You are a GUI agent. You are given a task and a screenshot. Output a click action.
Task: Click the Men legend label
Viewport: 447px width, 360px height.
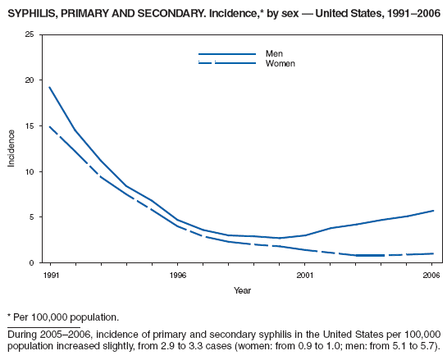click(x=273, y=54)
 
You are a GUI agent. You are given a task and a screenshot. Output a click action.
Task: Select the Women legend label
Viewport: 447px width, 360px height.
click(x=279, y=63)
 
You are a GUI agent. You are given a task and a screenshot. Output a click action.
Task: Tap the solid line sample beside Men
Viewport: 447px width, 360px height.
click(x=226, y=54)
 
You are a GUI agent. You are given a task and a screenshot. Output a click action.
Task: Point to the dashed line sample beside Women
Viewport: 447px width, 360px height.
click(x=226, y=63)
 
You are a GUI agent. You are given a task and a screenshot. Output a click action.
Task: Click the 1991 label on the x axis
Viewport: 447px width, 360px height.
click(x=50, y=276)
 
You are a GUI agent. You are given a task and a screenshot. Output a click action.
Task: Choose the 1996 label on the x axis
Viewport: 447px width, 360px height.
click(x=177, y=276)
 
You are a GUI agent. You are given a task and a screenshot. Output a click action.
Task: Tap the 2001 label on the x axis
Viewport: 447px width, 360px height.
click(x=304, y=276)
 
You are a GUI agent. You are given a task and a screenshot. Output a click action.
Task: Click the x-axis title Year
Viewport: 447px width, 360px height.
click(x=241, y=290)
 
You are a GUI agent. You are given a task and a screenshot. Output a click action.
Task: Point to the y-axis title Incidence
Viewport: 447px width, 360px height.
click(x=11, y=148)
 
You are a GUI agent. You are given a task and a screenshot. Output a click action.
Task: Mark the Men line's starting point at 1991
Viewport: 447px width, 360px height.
click(x=50, y=88)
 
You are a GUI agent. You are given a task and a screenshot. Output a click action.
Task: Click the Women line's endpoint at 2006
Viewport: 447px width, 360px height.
click(x=431, y=253)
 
